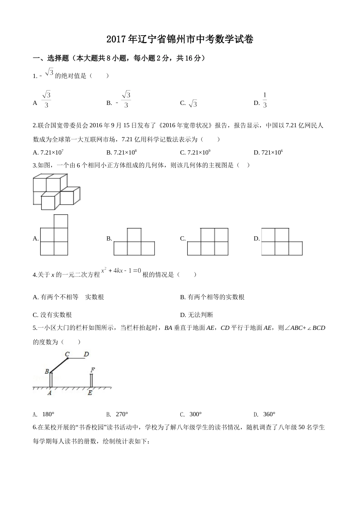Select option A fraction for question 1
tap(46, 100)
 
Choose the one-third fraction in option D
tap(265, 100)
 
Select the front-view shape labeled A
tap(54, 235)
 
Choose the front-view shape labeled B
tap(134, 242)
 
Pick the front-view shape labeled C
tap(208, 242)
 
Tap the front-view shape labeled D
tap(282, 242)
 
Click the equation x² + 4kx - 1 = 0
tap(121, 271)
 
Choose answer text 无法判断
tap(200, 315)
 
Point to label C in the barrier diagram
tap(67, 354)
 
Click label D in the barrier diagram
tap(86, 354)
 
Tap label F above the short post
tap(92, 370)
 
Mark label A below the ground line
tap(50, 393)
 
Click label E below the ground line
tap(90, 393)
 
